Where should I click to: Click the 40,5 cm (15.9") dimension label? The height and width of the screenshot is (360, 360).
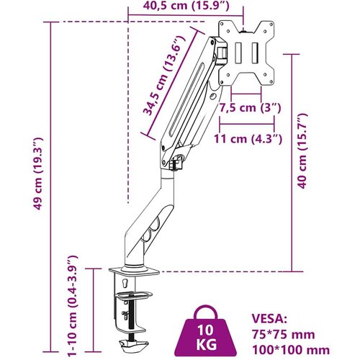pos(186,6)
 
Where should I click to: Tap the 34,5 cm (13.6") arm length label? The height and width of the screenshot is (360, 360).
pos(165,76)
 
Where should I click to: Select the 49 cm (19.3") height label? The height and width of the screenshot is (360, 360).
pos(38,174)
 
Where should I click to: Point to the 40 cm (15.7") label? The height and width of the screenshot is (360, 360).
pos(302,150)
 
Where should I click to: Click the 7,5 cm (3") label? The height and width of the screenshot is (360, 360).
pos(250,108)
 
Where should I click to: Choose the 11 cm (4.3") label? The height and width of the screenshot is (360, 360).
pos(248,139)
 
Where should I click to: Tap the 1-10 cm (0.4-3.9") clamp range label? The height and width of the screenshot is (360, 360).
pos(72,305)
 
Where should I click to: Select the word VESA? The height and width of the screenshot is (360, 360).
pos(269,318)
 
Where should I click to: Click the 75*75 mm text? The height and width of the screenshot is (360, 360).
pos(283,334)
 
